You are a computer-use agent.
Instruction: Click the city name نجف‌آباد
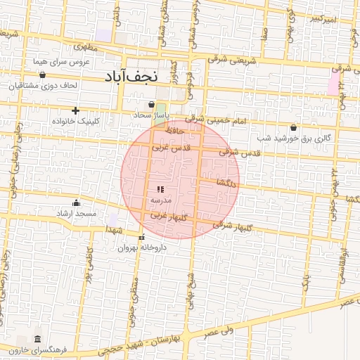(x=142, y=76)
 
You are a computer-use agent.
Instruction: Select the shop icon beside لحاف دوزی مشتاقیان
(x=42, y=75)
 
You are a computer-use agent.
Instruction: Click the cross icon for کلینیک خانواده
(x=75, y=110)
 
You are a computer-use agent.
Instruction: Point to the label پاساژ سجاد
(x=153, y=114)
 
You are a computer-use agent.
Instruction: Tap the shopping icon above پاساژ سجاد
(x=151, y=104)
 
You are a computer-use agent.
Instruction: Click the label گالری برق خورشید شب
(x=299, y=138)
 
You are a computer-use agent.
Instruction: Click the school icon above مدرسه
(x=160, y=189)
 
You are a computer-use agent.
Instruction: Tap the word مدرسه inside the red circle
(x=160, y=200)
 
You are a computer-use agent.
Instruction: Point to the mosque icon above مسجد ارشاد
(x=76, y=202)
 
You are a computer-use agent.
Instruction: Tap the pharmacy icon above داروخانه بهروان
(x=143, y=237)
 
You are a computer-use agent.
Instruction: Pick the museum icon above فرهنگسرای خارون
(x=37, y=338)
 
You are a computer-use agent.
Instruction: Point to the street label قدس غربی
(x=167, y=148)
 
